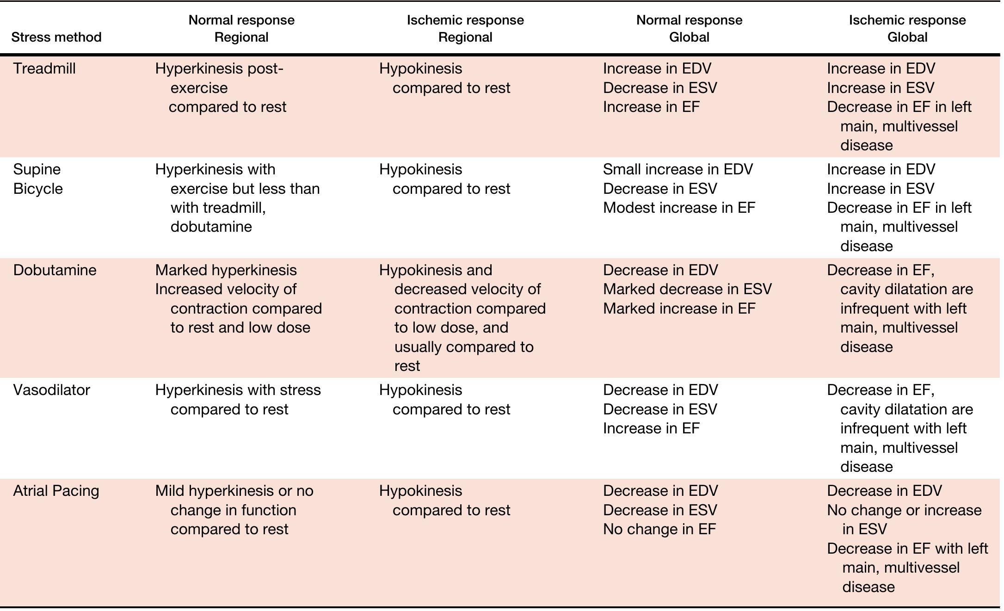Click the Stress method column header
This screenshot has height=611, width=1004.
[x=56, y=37]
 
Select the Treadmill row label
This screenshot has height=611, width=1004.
[x=44, y=68]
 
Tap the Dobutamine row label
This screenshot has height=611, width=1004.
[x=55, y=270]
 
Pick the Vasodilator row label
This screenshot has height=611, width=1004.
[x=51, y=390]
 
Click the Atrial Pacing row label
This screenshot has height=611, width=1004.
[x=56, y=491]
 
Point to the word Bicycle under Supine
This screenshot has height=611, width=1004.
[x=38, y=189]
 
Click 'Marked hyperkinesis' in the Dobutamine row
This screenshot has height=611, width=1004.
[x=226, y=270]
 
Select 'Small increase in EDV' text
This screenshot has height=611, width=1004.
[x=678, y=169]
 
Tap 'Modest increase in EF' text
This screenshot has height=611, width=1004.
[x=678, y=208]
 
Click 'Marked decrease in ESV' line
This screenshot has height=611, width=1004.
[x=687, y=289]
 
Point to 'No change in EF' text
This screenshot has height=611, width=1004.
[x=659, y=529]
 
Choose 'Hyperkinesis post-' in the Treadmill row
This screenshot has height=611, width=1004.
[x=219, y=68]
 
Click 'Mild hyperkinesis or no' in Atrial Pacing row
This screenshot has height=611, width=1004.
[x=234, y=491]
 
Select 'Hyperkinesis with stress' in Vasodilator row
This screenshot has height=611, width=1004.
[x=238, y=390]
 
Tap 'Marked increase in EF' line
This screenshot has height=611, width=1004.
[x=678, y=309]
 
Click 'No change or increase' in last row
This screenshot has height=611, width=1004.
[x=904, y=510]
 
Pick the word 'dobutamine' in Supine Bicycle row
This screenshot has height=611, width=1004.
[x=211, y=227]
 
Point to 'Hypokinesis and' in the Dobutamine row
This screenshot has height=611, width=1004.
[x=435, y=270]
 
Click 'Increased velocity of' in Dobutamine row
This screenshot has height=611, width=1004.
[x=226, y=289]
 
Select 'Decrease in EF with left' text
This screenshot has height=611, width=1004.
[x=907, y=549]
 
